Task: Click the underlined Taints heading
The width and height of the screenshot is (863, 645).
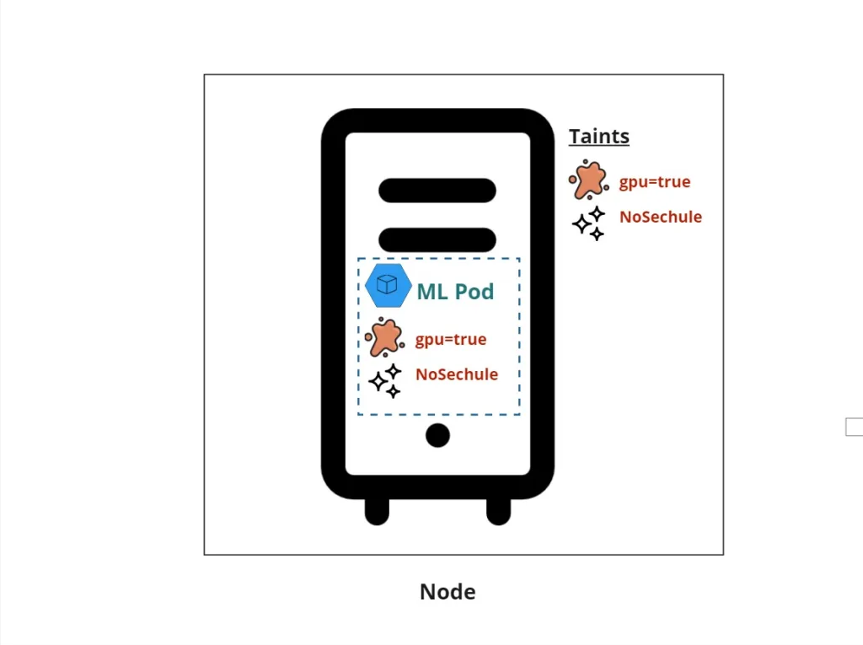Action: coord(598,137)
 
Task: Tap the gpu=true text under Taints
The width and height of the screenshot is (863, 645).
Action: coord(654,182)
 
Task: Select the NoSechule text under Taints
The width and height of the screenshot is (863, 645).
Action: coord(660,217)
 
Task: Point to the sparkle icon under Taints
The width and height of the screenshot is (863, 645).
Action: coord(589,223)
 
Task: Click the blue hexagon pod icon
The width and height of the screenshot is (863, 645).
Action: coord(389,285)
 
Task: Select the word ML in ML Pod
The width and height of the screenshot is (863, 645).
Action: coord(432,293)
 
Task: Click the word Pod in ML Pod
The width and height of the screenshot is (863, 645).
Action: coord(474,293)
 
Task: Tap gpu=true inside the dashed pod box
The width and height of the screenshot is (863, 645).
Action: coord(450,340)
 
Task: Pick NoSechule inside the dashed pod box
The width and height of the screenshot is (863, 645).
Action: coord(456,374)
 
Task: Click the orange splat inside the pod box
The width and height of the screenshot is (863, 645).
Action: coord(383,337)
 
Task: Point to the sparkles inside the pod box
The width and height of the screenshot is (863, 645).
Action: coord(385,381)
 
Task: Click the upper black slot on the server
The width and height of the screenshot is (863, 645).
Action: coord(437,191)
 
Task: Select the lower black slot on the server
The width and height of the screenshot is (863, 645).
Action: coord(437,239)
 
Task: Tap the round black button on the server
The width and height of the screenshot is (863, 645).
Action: coord(437,436)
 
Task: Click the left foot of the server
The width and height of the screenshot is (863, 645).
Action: coord(377,510)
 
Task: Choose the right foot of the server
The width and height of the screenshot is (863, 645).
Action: coord(499,510)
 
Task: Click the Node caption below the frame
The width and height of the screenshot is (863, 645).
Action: coord(448,592)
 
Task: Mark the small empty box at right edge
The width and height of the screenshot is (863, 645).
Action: coord(854,427)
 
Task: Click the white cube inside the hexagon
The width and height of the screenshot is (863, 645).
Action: coord(387,284)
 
